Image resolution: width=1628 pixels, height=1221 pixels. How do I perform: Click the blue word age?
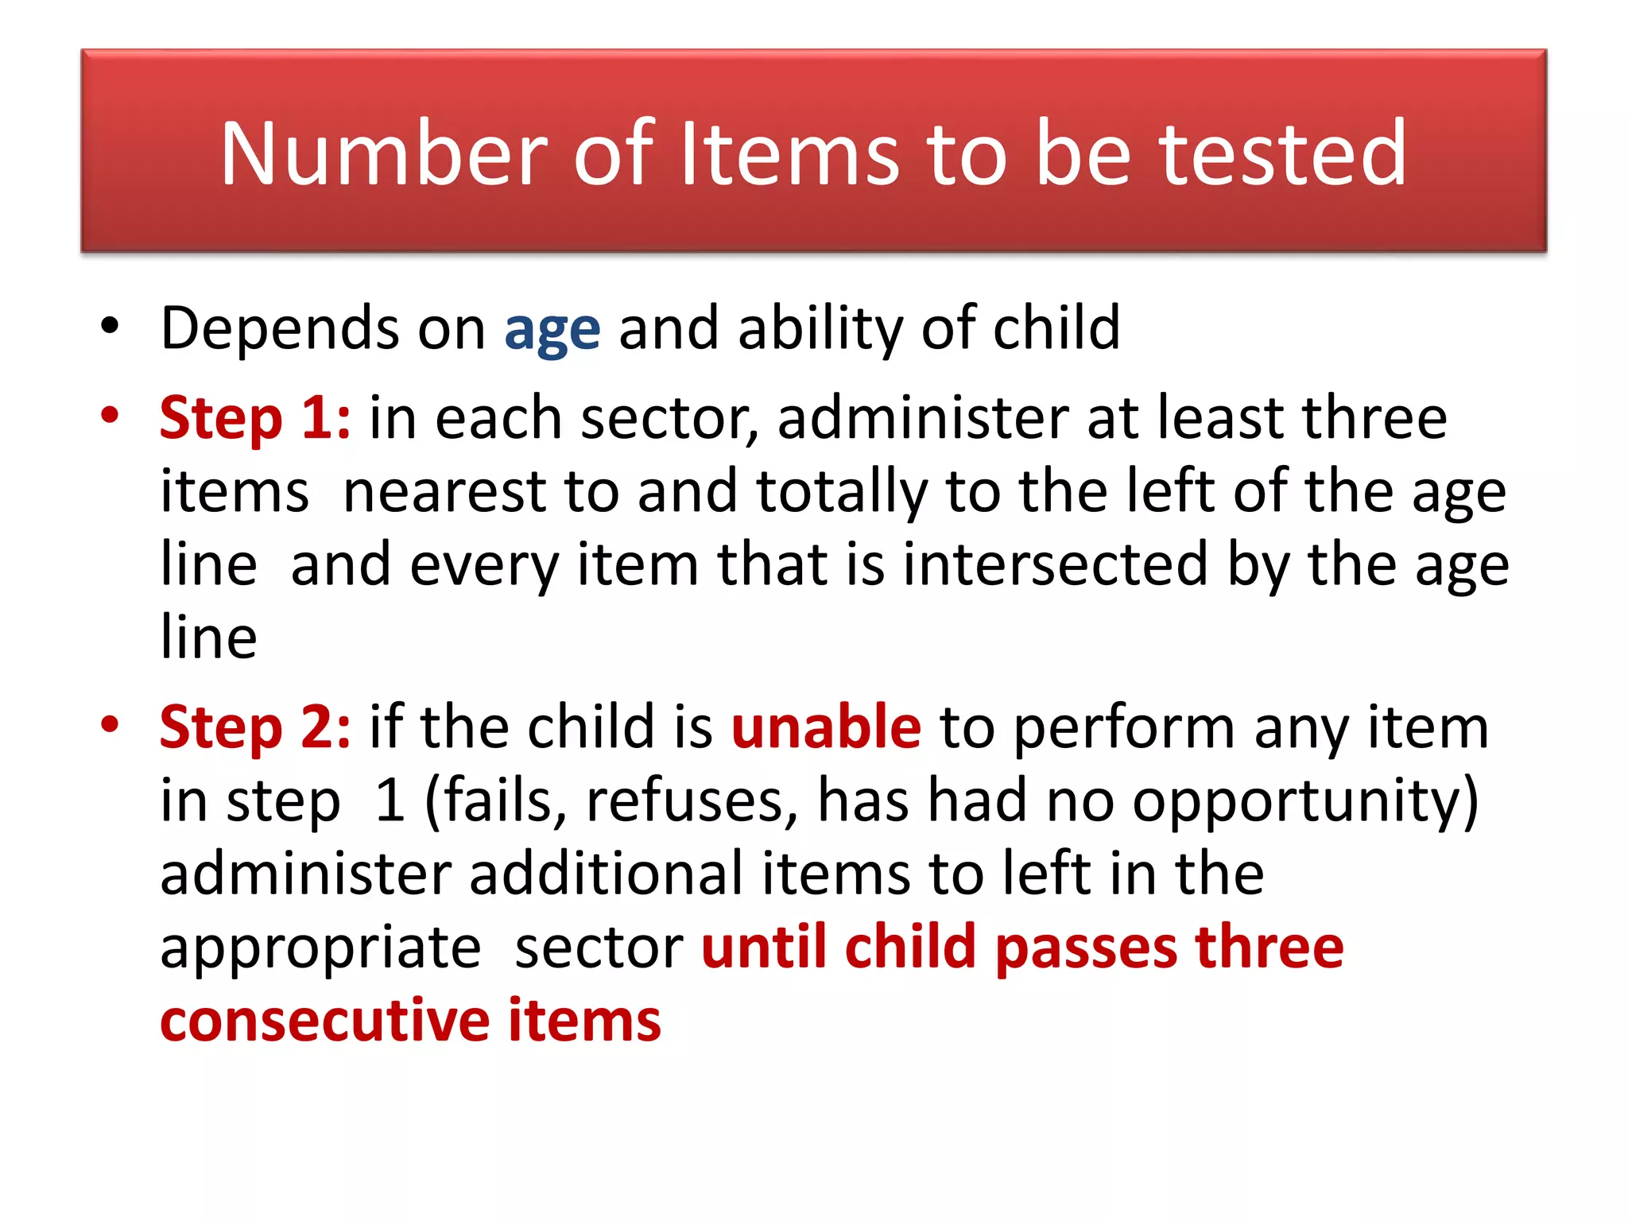click(552, 331)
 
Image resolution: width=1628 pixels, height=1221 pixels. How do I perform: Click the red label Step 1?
click(255, 418)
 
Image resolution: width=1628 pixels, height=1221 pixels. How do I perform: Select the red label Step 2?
click(255, 727)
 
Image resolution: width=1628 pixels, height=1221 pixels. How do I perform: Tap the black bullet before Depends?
click(110, 326)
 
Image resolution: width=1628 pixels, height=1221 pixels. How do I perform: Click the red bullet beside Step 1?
click(110, 415)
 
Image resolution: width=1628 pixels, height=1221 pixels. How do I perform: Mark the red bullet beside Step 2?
click(110, 724)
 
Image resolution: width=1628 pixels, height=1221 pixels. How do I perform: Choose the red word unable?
click(826, 727)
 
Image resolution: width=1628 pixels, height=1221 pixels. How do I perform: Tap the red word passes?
click(1086, 948)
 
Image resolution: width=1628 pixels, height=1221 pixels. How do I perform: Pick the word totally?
click(842, 494)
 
